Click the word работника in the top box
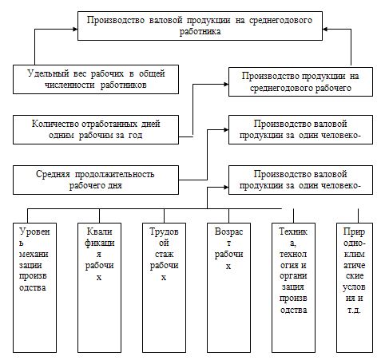coord(200,32)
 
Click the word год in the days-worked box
coord(136,135)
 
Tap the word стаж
coord(164,255)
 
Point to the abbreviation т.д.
coord(354,311)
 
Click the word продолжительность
coord(115,174)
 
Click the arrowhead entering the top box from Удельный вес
coord(75,29)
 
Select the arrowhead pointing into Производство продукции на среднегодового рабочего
coord(226,85)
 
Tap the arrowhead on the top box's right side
coord(325,29)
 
